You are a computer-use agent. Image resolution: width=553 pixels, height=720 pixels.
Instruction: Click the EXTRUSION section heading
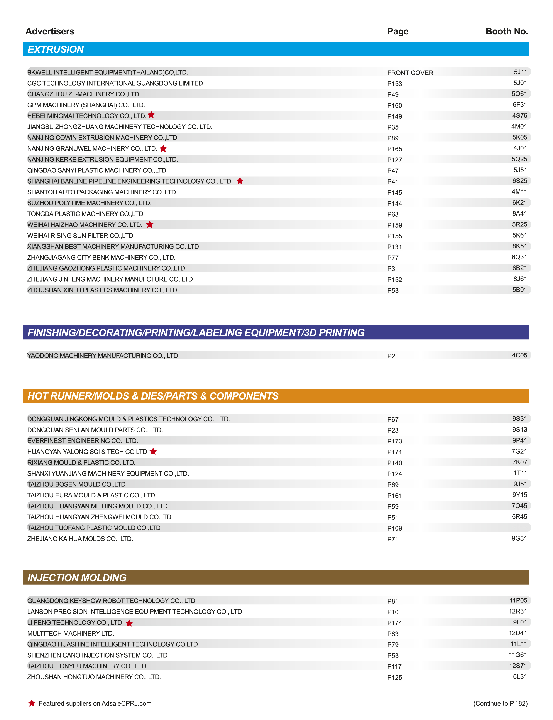(55, 49)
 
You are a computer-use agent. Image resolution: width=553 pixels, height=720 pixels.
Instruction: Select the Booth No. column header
(507, 31)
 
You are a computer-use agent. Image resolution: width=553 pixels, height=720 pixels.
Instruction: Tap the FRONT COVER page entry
(410, 73)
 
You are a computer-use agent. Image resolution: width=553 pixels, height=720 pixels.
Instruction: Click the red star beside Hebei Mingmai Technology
(151, 115)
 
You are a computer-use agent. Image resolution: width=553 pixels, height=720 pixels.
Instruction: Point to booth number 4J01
(520, 148)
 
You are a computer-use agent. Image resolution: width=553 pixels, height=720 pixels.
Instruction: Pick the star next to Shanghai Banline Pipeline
(240, 181)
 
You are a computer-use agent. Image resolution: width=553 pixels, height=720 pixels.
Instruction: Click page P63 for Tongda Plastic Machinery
(393, 214)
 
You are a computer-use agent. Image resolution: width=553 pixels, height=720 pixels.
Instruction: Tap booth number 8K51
(519, 246)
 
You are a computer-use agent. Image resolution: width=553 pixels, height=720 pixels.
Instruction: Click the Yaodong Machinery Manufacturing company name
(102, 356)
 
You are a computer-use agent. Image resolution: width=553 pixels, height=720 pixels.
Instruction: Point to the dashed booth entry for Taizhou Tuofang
(519, 528)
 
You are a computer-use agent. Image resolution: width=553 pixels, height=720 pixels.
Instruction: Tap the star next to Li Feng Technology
(129, 623)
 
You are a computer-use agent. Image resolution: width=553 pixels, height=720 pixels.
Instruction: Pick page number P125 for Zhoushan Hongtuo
(394, 677)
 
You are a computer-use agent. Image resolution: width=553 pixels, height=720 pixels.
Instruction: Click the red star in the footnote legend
(32, 703)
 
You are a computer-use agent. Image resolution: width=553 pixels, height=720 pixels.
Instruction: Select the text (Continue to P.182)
(500, 703)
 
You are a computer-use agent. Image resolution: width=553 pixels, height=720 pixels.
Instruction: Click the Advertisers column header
(50, 31)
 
